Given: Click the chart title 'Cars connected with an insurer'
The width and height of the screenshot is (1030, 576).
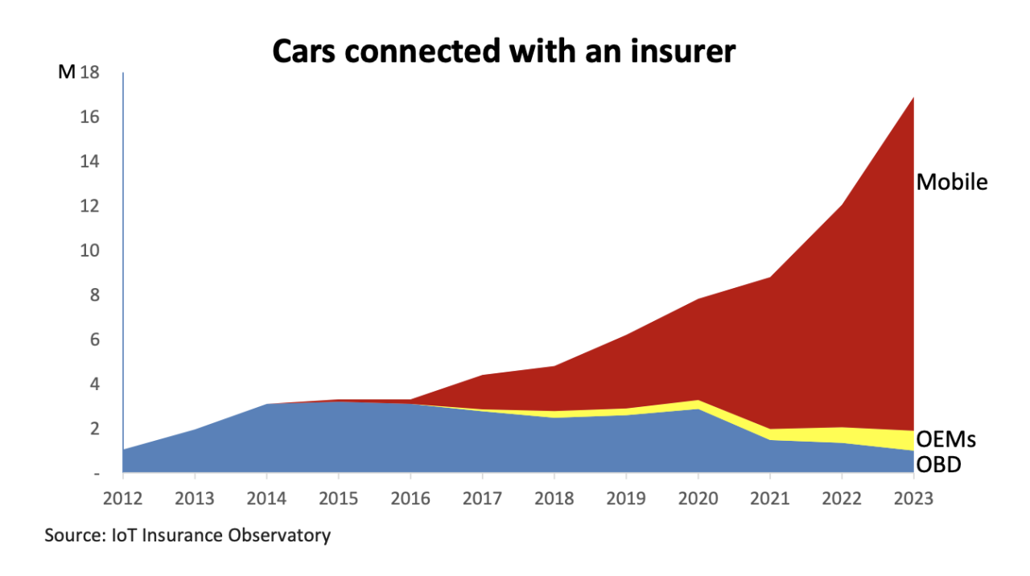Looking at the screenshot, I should [x=504, y=51].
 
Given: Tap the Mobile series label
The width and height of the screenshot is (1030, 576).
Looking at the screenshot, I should [x=952, y=182].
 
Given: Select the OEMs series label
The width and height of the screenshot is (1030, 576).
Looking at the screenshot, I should [x=946, y=439].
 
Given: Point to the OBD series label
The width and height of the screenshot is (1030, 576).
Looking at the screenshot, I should [x=939, y=464].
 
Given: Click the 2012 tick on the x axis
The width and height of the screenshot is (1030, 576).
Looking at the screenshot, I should [x=123, y=498].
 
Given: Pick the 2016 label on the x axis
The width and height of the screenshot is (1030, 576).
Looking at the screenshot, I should [x=410, y=498].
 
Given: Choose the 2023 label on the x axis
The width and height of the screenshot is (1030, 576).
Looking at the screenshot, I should [x=913, y=498].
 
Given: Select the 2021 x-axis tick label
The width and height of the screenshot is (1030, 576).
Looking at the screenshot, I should [x=770, y=498].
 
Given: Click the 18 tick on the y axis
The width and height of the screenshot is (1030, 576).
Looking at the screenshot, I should [x=89, y=72].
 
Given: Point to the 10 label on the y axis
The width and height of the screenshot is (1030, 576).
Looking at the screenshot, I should [x=89, y=251].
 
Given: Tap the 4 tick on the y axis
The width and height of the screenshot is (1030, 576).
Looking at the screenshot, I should [x=94, y=385].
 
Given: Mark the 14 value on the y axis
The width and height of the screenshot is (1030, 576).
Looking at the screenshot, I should [x=89, y=162].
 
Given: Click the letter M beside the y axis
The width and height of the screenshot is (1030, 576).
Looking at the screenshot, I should [x=66, y=72].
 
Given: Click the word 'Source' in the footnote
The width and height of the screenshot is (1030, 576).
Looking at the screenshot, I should [x=71, y=535].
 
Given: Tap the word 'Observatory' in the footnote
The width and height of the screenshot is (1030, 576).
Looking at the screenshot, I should [x=281, y=535].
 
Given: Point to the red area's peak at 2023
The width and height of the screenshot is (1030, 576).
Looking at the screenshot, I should [x=913, y=98].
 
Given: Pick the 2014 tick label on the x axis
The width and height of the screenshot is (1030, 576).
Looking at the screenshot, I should [x=266, y=498].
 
